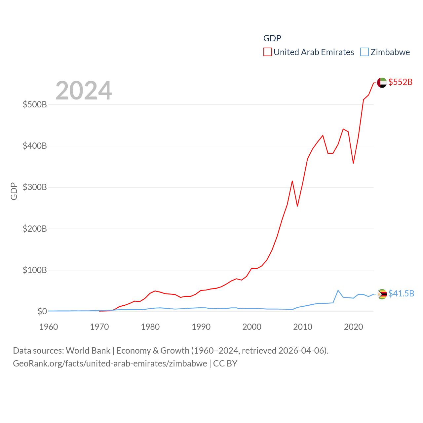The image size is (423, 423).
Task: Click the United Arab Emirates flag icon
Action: point(382,83)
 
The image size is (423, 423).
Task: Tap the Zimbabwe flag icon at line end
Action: point(382,294)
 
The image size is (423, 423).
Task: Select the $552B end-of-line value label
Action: point(400,82)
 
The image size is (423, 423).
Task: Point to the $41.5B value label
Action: point(401,293)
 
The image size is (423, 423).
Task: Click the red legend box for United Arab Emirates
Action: point(267,52)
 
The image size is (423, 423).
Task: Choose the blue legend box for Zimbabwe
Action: point(364,52)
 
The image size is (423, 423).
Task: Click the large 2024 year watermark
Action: point(84,91)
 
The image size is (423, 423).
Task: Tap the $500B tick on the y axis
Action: point(35,105)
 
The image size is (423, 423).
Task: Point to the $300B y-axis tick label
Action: point(35,187)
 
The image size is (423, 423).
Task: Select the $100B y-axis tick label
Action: point(35,270)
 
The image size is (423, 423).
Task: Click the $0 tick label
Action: point(42,312)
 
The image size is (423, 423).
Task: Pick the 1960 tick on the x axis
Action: point(49,327)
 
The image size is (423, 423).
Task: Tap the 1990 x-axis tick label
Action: point(201,327)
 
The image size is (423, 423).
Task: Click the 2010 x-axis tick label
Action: point(303,327)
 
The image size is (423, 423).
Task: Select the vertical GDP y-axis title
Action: point(14,191)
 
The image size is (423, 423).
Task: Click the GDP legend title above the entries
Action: point(272,38)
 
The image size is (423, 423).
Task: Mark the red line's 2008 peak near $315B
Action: point(292,181)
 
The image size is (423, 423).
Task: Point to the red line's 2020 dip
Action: point(353,163)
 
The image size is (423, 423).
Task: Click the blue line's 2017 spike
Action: point(338,290)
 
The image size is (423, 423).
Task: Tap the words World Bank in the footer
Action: point(88,351)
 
